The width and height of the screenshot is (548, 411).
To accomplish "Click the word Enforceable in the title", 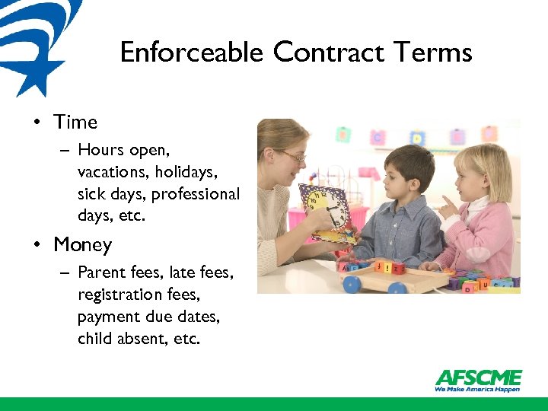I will click(193, 53).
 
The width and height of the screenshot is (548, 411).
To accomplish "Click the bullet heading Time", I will click(75, 122).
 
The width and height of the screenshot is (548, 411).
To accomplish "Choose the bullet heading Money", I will click(82, 244).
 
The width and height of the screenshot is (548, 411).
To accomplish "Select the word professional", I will click(196, 194).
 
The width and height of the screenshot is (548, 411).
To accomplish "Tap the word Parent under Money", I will click(100, 272).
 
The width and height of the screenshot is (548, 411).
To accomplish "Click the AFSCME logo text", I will click(478, 378).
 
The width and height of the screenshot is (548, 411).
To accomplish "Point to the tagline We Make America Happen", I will click(477, 389).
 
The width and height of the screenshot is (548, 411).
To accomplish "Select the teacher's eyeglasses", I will click(292, 157).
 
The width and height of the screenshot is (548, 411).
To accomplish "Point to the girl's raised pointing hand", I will click(449, 207).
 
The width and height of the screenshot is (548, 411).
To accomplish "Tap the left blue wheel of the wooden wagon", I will click(351, 285).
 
